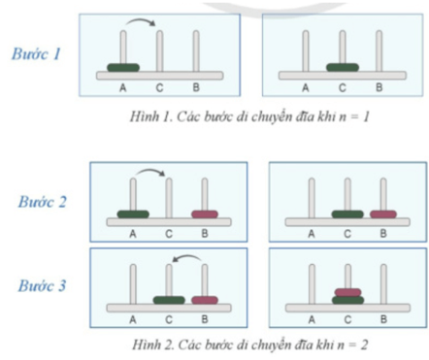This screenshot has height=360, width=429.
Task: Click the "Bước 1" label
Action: tap(36, 53)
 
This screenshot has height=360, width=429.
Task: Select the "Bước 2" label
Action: tap(42, 202)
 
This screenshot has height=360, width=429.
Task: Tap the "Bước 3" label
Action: tap(42, 285)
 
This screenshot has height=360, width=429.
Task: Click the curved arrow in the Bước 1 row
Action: tap(141, 19)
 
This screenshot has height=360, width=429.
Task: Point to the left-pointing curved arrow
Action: tap(187, 256)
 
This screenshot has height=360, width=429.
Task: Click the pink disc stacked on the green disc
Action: tap(347, 292)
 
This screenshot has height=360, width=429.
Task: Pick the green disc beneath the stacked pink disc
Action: tap(347, 300)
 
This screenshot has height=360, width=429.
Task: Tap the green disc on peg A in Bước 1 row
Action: tap(123, 68)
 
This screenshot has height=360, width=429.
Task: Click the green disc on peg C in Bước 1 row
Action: tap(343, 68)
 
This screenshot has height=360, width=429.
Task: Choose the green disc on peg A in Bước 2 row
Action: tap(133, 214)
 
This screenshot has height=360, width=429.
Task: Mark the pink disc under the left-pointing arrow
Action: tap(205, 300)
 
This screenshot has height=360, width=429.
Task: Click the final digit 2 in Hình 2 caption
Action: tap(364, 345)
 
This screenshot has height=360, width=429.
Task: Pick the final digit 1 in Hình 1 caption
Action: tap(366, 117)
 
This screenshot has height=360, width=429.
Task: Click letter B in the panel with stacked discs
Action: tap(383, 319)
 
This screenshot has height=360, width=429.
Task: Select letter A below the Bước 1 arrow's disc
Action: tap(123, 87)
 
